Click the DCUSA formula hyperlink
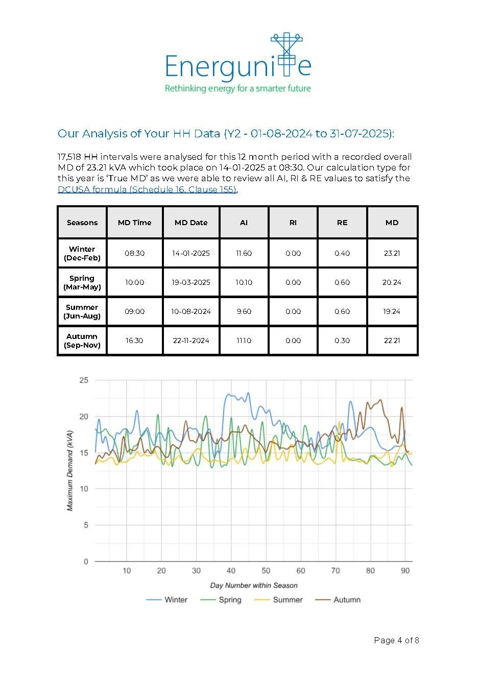[x=147, y=189]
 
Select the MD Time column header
[x=134, y=223]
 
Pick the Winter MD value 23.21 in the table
[x=392, y=253]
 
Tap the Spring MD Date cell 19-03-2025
[x=190, y=282]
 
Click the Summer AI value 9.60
[x=244, y=311]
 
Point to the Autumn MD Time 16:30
[x=134, y=340]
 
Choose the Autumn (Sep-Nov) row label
[x=82, y=341]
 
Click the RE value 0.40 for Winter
[x=342, y=253]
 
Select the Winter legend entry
[x=167, y=599]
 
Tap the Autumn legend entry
[x=338, y=599]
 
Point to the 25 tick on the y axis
[x=84, y=380]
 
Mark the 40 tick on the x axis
[x=231, y=571]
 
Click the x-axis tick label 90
[x=405, y=571]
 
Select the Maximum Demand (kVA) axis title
[x=70, y=471]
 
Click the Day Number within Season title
[x=254, y=585]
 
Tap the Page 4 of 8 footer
[x=396, y=640]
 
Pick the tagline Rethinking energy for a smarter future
[x=238, y=88]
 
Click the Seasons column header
[x=82, y=223]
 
